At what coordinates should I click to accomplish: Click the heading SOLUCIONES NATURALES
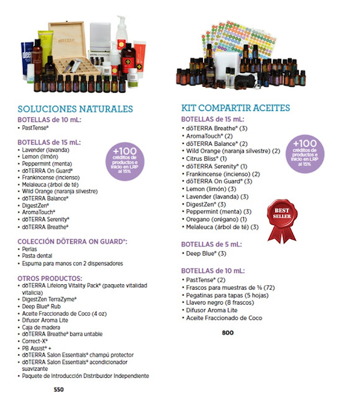pyautogui.click(x=75, y=109)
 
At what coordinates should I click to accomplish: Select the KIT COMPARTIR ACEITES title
pyautogui.click(x=235, y=108)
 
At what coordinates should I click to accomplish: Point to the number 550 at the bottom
pyautogui.click(x=58, y=389)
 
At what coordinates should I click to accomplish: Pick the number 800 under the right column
pyautogui.click(x=228, y=333)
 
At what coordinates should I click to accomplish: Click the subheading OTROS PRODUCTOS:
pyautogui.click(x=50, y=279)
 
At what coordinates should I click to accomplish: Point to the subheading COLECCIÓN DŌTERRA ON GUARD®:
pyautogui.click(x=72, y=241)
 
